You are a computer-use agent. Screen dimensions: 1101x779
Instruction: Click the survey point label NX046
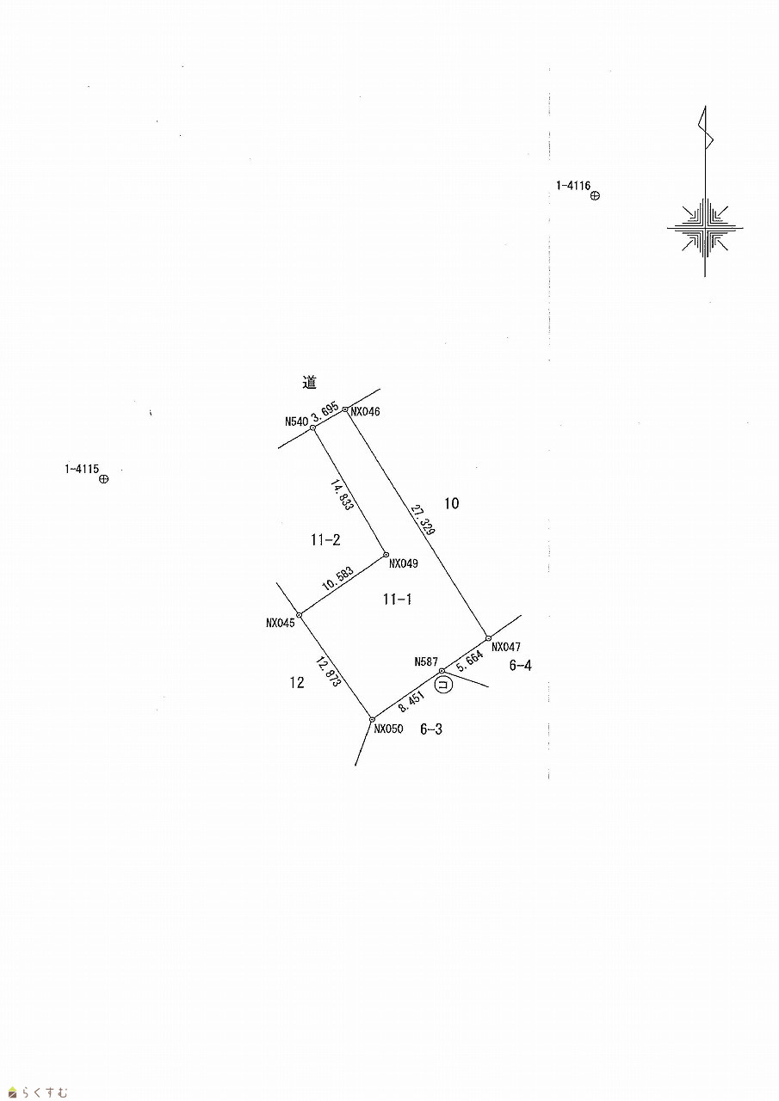pyautogui.click(x=365, y=412)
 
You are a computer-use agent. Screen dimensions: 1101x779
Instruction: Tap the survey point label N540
pyautogui.click(x=296, y=421)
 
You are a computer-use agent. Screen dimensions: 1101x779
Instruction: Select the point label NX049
pyautogui.click(x=403, y=564)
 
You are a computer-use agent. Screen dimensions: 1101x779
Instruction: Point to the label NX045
pyautogui.click(x=281, y=623)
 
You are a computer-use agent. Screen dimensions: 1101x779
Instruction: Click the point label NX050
pyautogui.click(x=388, y=729)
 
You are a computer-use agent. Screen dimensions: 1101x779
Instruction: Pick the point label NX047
pyautogui.click(x=506, y=647)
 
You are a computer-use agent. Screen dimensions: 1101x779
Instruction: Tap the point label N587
pyautogui.click(x=426, y=661)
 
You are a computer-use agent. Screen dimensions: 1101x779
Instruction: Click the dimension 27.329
pyautogui.click(x=422, y=521)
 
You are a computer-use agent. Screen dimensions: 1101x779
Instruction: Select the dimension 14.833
pyautogui.click(x=343, y=496)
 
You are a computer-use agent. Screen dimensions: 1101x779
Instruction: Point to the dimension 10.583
pyautogui.click(x=337, y=578)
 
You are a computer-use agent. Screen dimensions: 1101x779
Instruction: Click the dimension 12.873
pyautogui.click(x=329, y=671)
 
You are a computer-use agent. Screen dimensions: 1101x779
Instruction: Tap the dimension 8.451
pyautogui.click(x=411, y=704)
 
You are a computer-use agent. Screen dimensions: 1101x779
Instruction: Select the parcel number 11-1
pyautogui.click(x=397, y=600)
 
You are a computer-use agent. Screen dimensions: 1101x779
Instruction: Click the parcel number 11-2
pyautogui.click(x=325, y=540)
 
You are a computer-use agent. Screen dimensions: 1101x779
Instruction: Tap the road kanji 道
pyautogui.click(x=310, y=383)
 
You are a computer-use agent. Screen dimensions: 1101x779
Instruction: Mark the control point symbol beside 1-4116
pyautogui.click(x=595, y=196)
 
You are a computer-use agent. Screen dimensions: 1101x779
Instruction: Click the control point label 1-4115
pyautogui.click(x=81, y=469)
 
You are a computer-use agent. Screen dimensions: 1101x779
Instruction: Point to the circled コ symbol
pyautogui.click(x=443, y=686)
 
